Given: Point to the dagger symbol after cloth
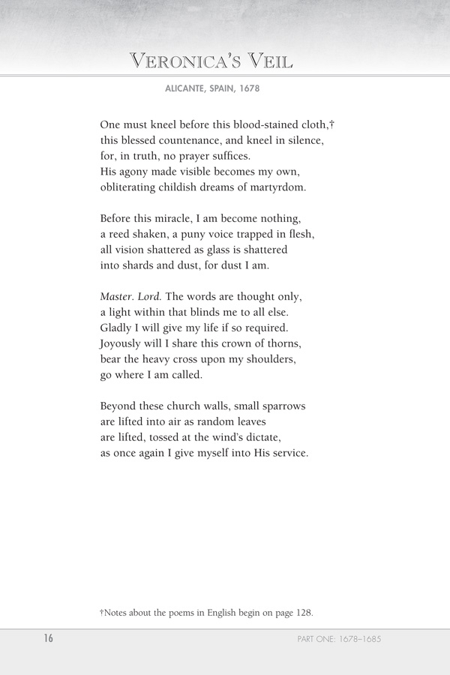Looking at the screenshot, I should point(331,122).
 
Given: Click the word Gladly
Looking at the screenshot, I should point(116,328).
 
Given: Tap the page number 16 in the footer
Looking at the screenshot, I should point(47,639).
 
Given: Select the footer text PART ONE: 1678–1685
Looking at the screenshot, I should point(340,640).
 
